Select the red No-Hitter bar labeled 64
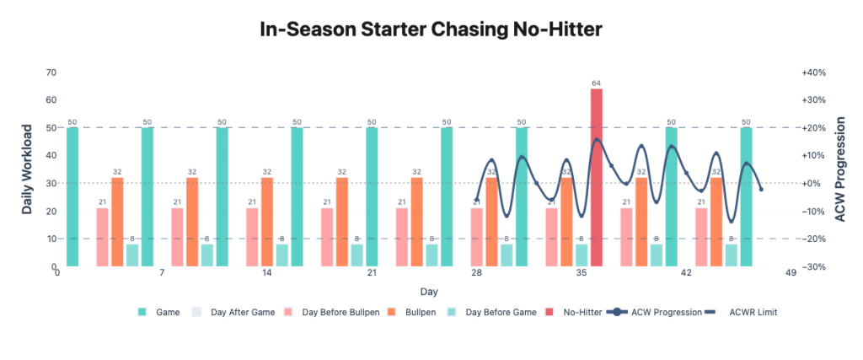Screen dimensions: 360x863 coord(596,177)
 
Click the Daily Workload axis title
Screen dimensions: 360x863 coord(27,169)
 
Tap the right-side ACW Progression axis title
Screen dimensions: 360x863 coord(839,169)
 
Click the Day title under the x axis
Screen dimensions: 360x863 coord(430,292)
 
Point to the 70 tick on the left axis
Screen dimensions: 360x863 coord(51,73)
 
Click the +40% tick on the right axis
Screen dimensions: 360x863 coord(814,73)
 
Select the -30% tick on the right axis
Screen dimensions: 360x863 coord(814,266)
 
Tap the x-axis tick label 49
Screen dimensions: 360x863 coord(791,273)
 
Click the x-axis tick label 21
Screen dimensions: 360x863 coord(372,273)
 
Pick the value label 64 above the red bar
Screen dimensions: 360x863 coord(596,83)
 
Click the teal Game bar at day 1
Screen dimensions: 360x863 coord(72,196)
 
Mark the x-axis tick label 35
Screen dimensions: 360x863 coord(582,273)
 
